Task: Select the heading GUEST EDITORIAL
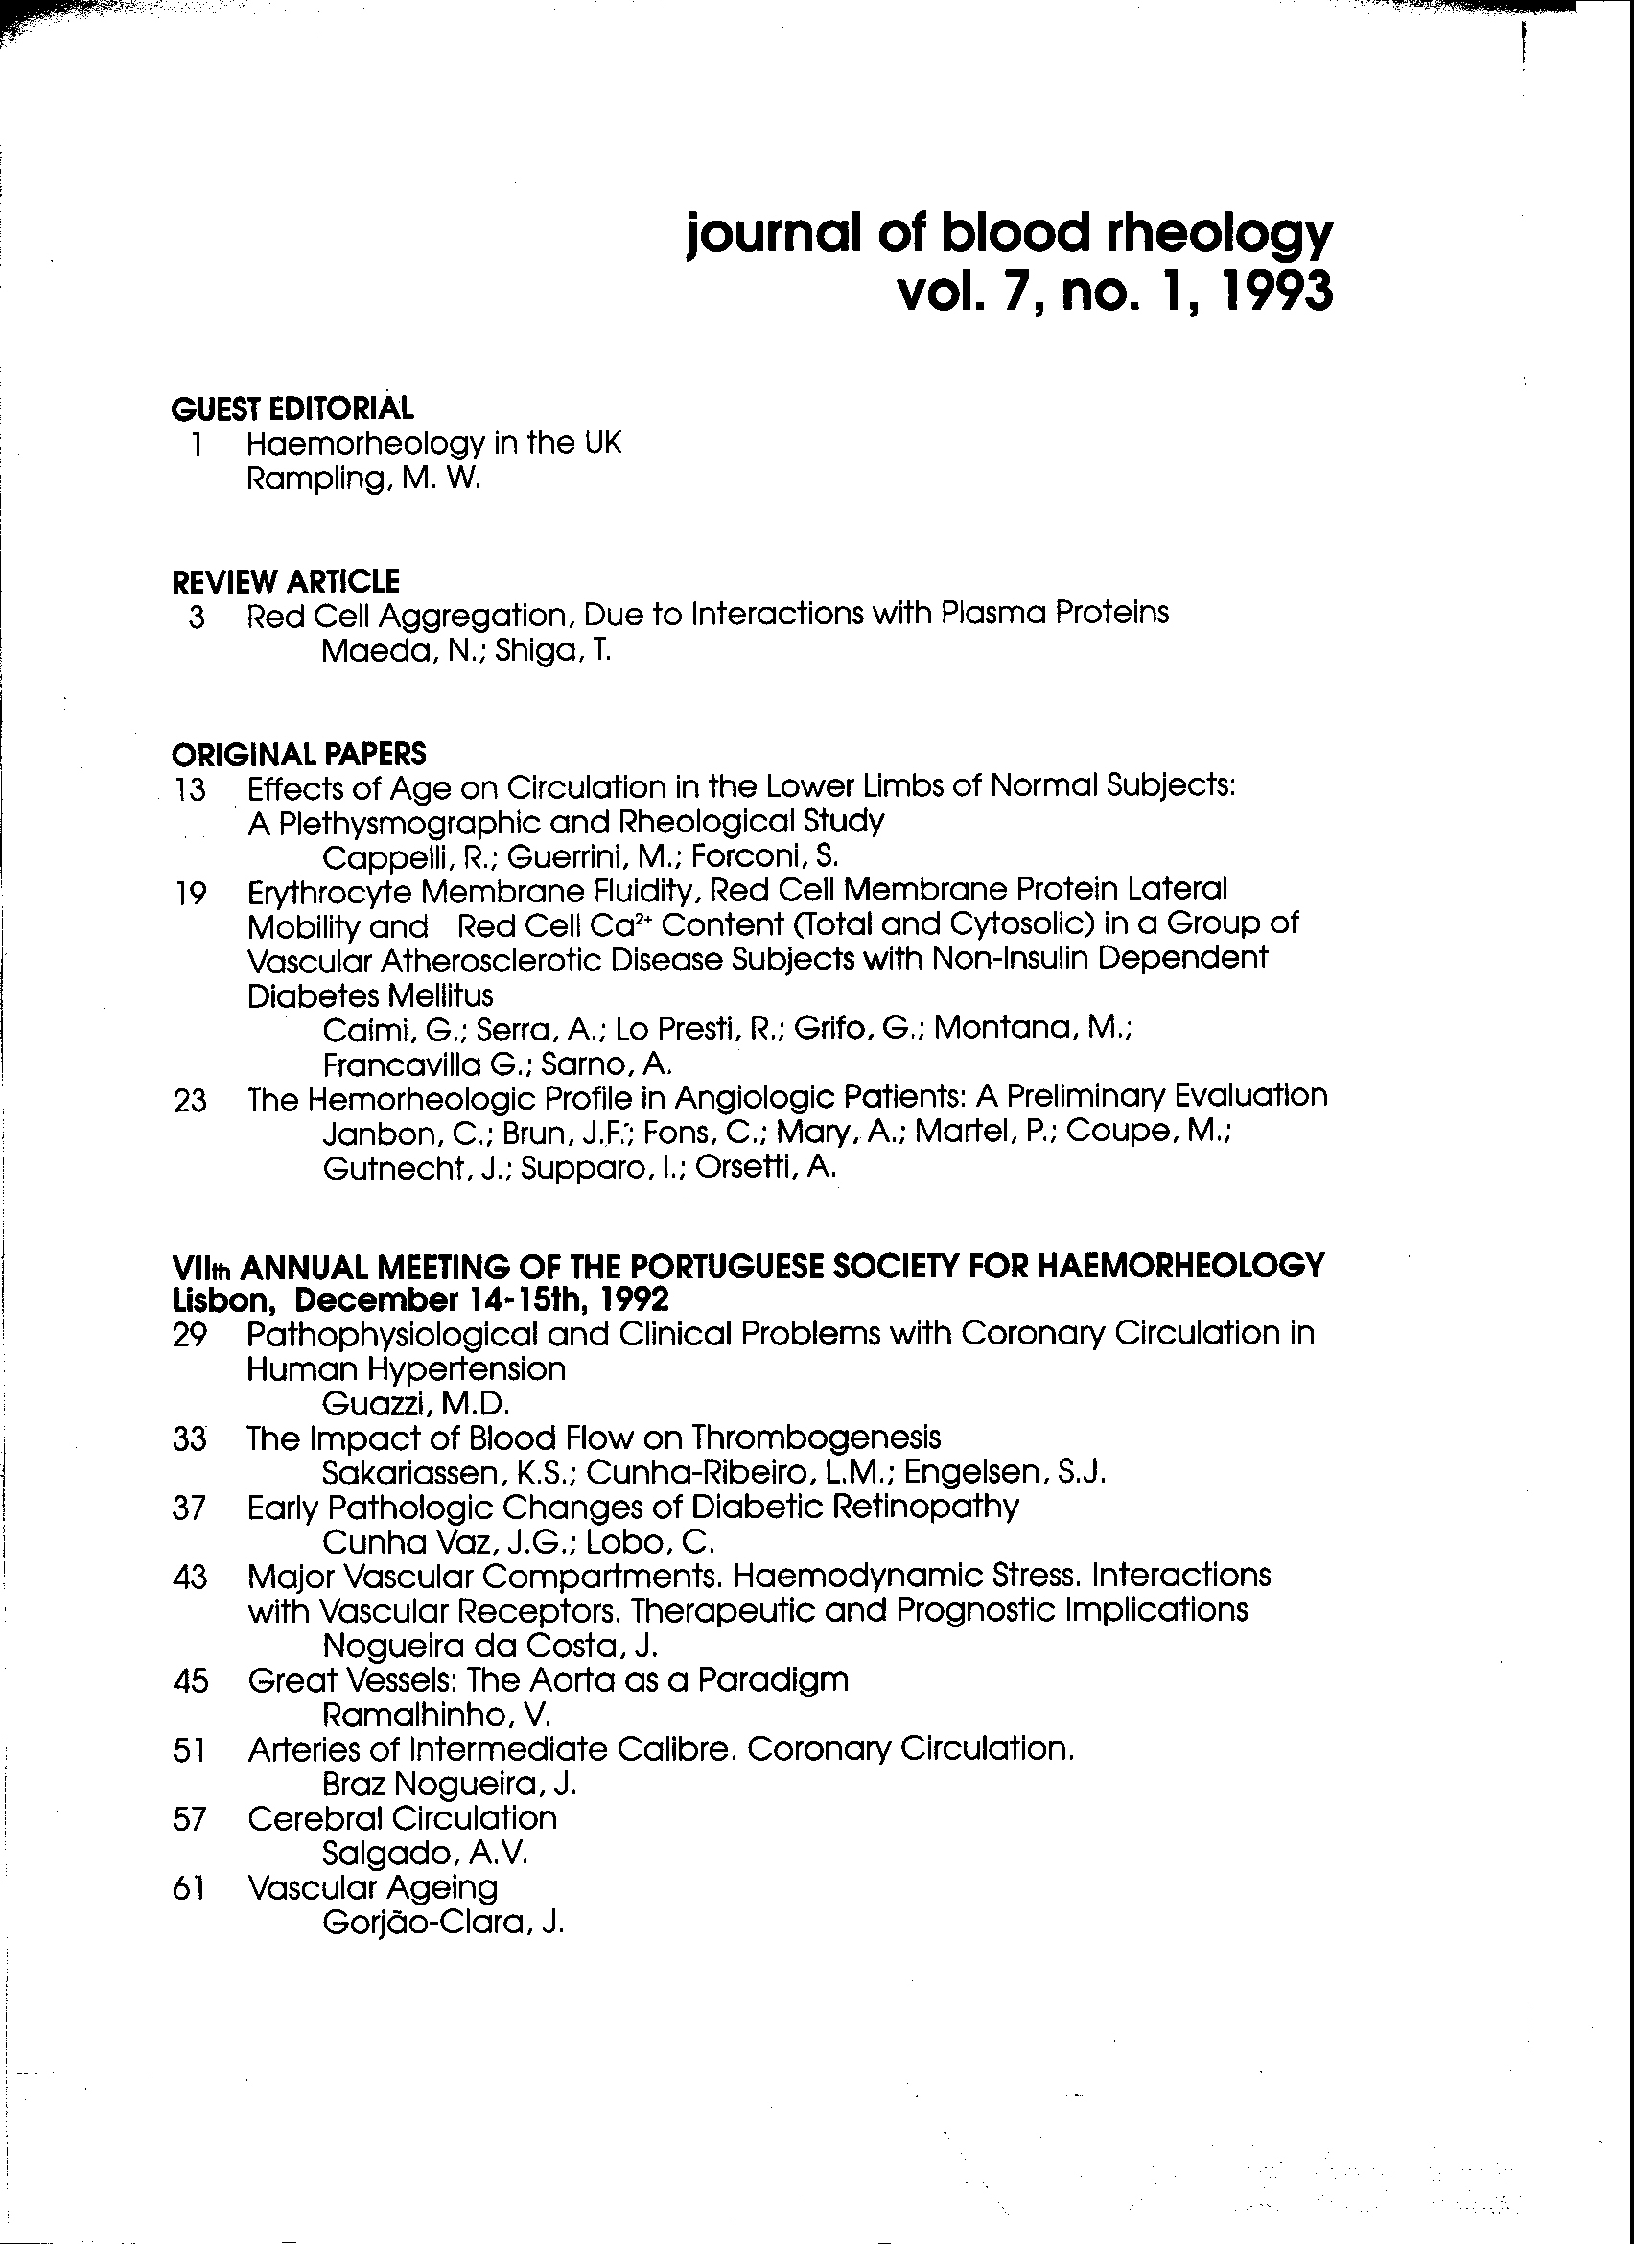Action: pyautogui.click(x=292, y=409)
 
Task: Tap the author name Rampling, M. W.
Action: pyautogui.click(x=363, y=479)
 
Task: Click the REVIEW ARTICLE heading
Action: pyautogui.click(x=285, y=582)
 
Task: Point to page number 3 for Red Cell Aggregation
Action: pyautogui.click(x=196, y=619)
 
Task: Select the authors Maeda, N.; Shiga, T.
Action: pyautogui.click(x=467, y=652)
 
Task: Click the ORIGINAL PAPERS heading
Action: pyautogui.click(x=299, y=754)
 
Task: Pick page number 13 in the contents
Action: pyautogui.click(x=189, y=790)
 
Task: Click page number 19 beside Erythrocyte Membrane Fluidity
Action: pyautogui.click(x=190, y=895)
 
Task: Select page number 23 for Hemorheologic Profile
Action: pyautogui.click(x=190, y=1100)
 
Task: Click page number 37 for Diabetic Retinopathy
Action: pyautogui.click(x=189, y=1508)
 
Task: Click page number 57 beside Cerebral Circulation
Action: pyautogui.click(x=189, y=1818)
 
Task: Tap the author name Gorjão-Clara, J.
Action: pyautogui.click(x=443, y=1924)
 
